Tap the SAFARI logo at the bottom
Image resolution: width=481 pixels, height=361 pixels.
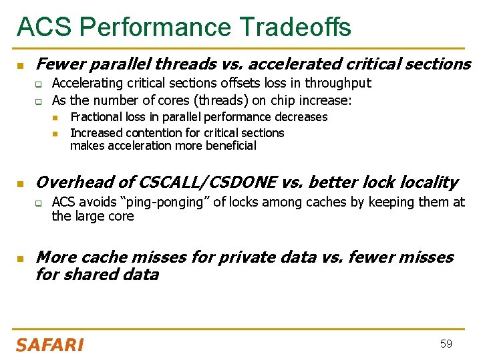click(x=49, y=345)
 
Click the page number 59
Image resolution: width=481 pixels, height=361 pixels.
click(x=446, y=344)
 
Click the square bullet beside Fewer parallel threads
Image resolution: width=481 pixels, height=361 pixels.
click(x=20, y=65)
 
